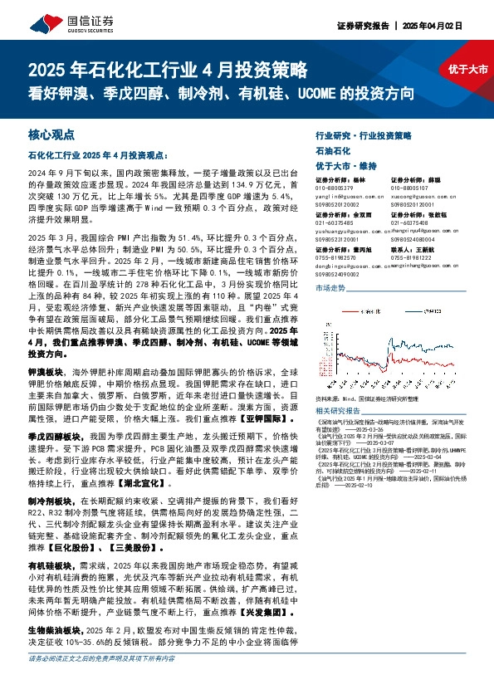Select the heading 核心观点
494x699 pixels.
52,133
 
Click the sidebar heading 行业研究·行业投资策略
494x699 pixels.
364,134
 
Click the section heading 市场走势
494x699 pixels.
330,286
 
